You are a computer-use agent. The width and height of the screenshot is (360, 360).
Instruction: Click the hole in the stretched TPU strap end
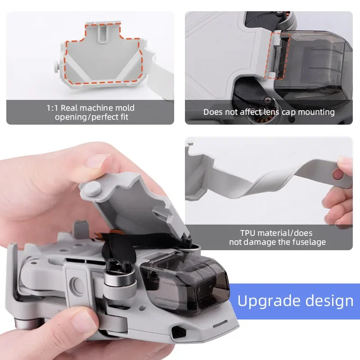click(x=338, y=175)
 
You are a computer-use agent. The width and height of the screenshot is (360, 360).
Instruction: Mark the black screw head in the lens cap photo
click(x=268, y=99)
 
